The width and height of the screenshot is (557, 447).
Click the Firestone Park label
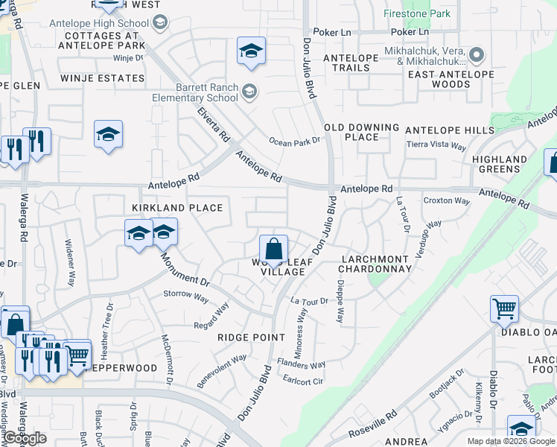coord(417,13)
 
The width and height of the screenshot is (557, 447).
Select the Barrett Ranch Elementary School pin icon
coord(249,92)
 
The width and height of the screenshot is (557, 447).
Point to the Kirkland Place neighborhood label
coord(177,208)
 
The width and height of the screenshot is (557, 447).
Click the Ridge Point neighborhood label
coord(251,337)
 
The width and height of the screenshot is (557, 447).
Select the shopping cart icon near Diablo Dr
coord(504,308)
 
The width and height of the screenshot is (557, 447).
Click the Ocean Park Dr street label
coord(294,141)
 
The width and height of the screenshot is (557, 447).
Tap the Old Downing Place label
coord(362,132)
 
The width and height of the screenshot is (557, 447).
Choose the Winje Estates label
coord(101,77)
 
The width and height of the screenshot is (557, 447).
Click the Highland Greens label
coord(500,164)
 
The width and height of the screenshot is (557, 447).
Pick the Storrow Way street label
coord(185,295)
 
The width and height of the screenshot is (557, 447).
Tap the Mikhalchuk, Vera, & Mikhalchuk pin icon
coord(477,55)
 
